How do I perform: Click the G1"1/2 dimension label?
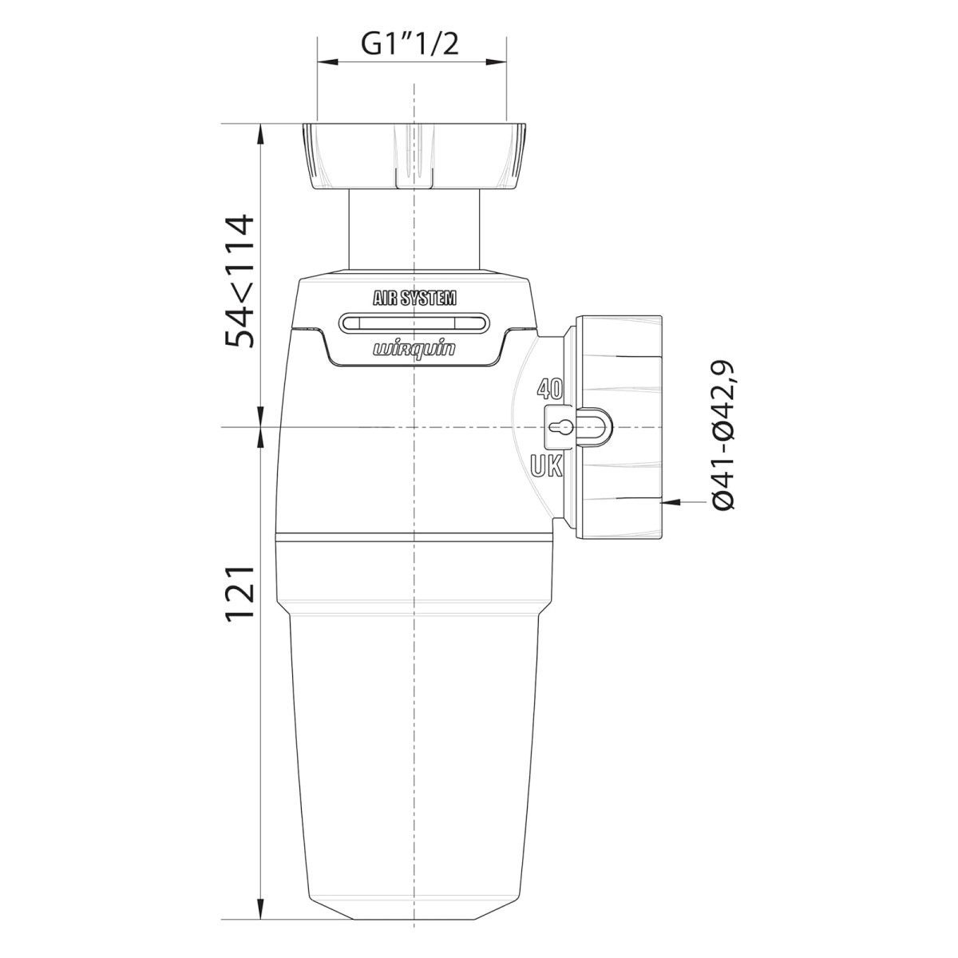[410, 45]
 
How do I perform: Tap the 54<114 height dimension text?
[239, 281]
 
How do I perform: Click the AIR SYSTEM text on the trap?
[414, 298]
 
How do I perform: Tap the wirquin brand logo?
[414, 350]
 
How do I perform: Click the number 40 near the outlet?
[549, 389]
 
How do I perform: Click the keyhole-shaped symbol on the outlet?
[560, 426]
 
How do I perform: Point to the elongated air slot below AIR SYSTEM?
[414, 323]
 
